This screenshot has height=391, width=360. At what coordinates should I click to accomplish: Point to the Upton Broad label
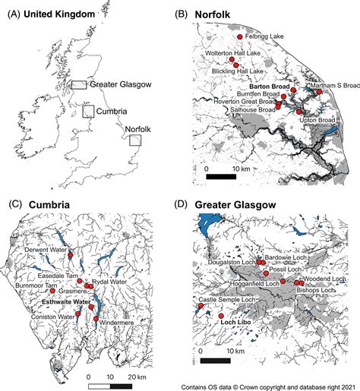320,119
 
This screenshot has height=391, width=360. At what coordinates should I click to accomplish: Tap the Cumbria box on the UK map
90,111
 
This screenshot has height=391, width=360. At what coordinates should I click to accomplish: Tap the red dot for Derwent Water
71,249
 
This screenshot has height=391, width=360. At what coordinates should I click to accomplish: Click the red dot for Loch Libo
221,316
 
